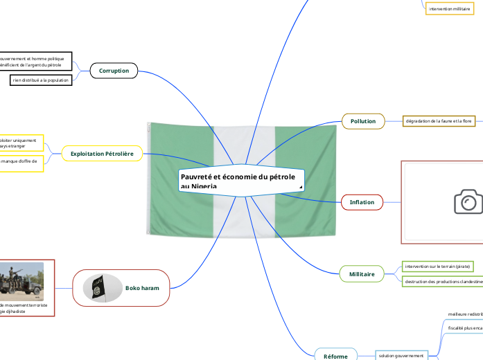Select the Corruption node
(114, 71)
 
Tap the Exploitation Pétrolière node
(102, 152)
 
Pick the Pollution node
(362, 121)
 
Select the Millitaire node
(362, 274)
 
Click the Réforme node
(336, 356)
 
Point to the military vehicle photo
(21, 281)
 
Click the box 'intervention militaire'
(449, 9)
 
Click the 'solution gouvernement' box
(401, 355)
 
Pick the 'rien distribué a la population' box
(41, 80)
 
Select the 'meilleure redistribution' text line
(464, 314)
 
